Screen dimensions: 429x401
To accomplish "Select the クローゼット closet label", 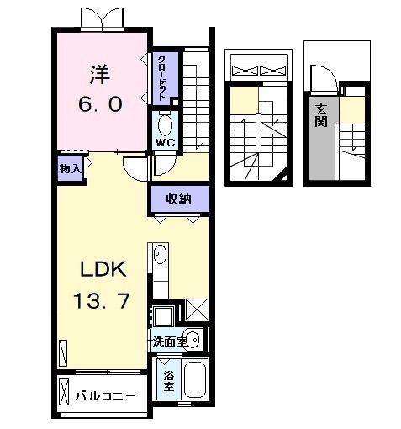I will [x=160, y=77].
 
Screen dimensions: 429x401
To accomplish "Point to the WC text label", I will [x=164, y=143].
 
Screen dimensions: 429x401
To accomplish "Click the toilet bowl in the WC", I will [x=165, y=125].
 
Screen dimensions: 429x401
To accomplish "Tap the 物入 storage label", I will [x=71, y=169].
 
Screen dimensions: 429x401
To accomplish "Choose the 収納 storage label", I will [x=178, y=199].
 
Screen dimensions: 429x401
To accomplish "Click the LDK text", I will [x=103, y=271].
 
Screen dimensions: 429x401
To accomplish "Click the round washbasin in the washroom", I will [x=193, y=341].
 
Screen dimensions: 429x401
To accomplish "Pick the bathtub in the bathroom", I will [x=195, y=380].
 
